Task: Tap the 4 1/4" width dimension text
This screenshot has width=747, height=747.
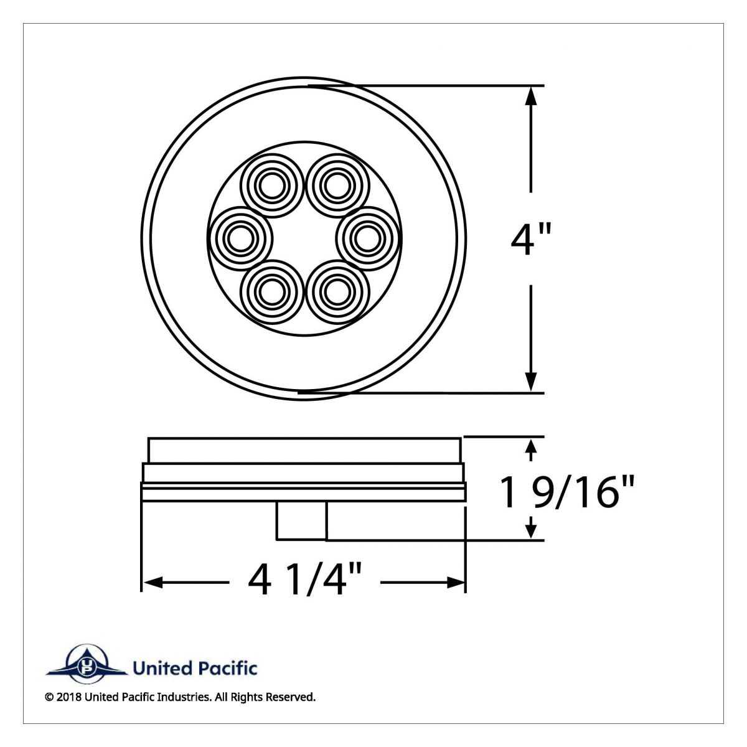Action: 304,581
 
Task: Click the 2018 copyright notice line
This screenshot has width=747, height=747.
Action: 181,697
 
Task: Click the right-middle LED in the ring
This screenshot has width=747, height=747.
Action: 367,238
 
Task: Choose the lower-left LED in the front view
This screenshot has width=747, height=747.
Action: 271,291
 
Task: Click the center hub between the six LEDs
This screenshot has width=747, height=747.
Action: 303,238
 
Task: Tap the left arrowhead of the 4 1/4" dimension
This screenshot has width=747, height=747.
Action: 153,583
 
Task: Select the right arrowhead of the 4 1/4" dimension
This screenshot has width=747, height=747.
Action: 456,583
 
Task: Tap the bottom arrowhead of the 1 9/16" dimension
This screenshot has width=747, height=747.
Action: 531,530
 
